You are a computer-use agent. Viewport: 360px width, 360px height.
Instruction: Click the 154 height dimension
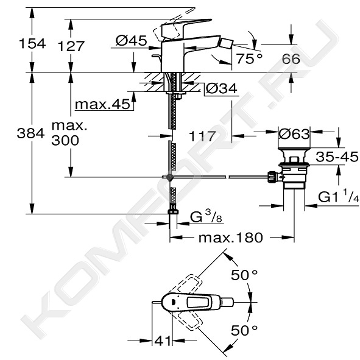[x=32, y=43]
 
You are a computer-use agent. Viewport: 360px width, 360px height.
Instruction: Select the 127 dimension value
[x=71, y=46]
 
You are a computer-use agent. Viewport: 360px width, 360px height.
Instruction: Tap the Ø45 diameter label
[x=131, y=41]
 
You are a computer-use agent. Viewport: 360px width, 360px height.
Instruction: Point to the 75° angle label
[x=249, y=58]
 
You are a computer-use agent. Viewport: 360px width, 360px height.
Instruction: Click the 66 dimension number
[x=291, y=58]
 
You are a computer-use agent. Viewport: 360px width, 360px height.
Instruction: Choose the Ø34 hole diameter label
[x=221, y=88]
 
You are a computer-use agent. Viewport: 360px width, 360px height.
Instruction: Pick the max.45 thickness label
[x=102, y=104]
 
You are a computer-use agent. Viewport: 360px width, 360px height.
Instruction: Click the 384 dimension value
[x=31, y=133]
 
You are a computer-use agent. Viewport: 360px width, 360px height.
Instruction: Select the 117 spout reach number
[x=202, y=136]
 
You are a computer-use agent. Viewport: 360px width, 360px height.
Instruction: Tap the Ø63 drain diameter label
[x=294, y=133]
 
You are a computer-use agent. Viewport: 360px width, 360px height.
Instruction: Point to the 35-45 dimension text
[x=337, y=157]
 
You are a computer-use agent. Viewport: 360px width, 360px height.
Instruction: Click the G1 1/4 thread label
[x=339, y=196]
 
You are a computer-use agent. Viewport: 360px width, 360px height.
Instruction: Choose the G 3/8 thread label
[x=206, y=216]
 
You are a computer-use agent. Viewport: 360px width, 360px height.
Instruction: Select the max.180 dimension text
[x=230, y=238]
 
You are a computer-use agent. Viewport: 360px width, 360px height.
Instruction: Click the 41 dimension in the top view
[x=163, y=341]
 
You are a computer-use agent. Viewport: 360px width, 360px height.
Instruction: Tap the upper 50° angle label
[x=244, y=275]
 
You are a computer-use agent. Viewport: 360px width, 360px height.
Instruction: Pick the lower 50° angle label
[x=244, y=330]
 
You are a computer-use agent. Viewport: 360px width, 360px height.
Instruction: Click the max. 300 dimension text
[x=69, y=133]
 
